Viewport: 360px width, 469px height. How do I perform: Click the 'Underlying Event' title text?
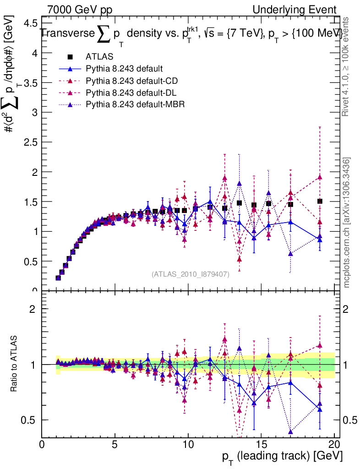tap(298, 10)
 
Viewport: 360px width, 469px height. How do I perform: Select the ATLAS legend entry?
tap(97, 57)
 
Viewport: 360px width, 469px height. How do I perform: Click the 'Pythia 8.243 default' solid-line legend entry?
tap(124, 69)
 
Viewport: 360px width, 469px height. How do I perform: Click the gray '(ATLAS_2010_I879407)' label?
tap(190, 274)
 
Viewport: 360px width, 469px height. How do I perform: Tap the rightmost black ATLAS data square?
tap(320, 201)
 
